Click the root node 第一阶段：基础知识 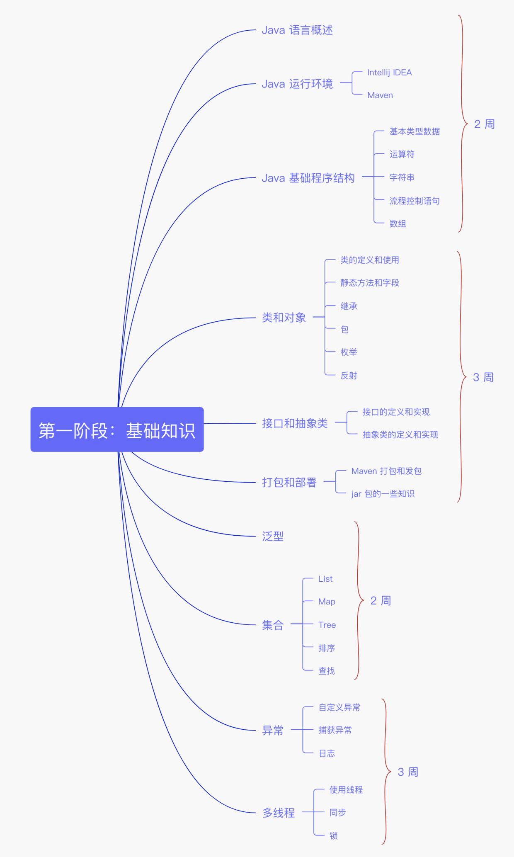(x=117, y=430)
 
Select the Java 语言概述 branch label (x=297, y=30)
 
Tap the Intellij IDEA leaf (x=389, y=73)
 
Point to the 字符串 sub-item (x=402, y=177)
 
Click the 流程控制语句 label (x=414, y=201)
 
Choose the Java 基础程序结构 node (x=308, y=178)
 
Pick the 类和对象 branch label (x=284, y=318)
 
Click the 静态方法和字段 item (x=370, y=283)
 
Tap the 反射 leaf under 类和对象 (x=349, y=376)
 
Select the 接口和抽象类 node (x=295, y=423)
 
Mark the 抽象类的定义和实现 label (x=400, y=435)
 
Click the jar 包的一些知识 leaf (x=383, y=494)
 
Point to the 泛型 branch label (x=273, y=537)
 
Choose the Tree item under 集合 (x=327, y=625)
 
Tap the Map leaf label (x=327, y=602)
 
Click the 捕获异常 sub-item (x=335, y=730)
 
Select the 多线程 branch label (x=279, y=813)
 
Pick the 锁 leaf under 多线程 (x=333, y=836)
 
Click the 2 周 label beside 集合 (x=380, y=601)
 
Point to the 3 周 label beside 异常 (x=407, y=772)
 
